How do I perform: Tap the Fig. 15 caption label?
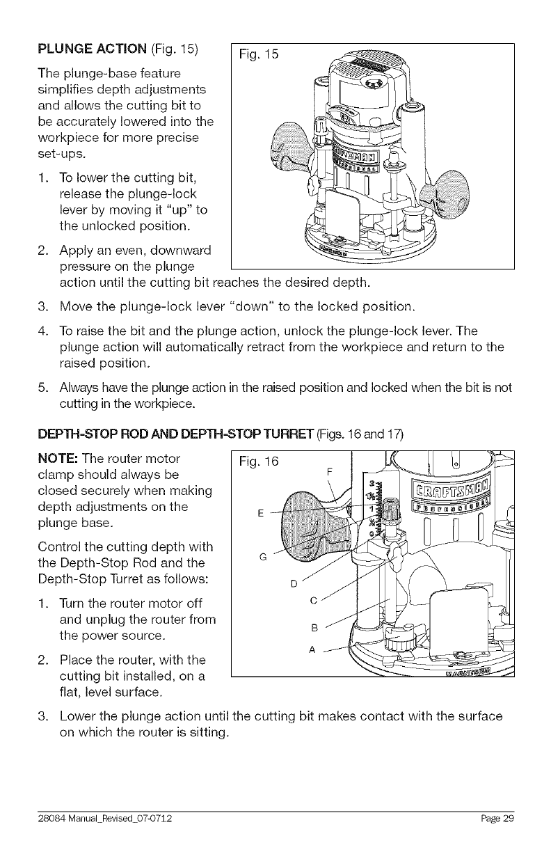click(258, 54)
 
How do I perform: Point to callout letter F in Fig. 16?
click(329, 472)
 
